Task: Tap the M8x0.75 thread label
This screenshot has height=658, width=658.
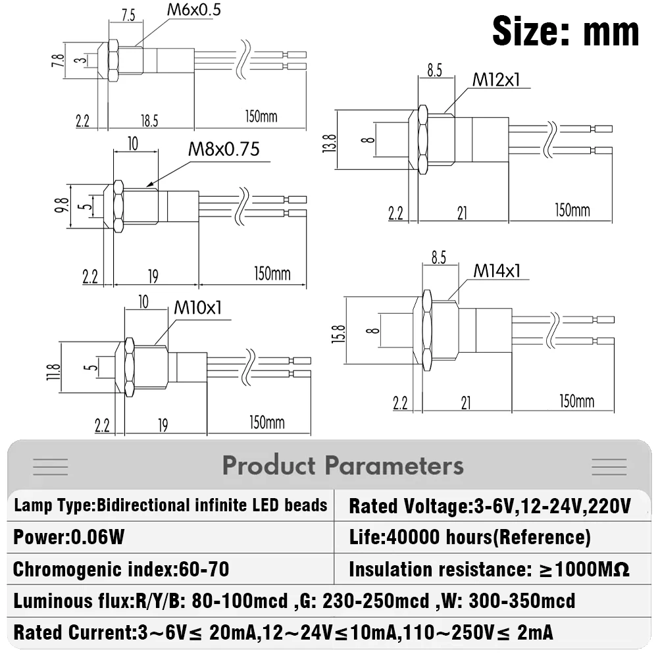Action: [x=224, y=149]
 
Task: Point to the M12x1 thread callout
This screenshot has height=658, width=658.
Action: [x=496, y=80]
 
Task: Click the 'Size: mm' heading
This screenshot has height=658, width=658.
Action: [x=565, y=30]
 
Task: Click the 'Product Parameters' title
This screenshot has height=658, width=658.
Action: [x=343, y=466]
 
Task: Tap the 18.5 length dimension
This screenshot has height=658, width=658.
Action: [x=149, y=120]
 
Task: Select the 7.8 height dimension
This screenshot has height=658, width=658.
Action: [x=61, y=62]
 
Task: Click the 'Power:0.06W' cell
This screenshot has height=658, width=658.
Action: [x=69, y=538]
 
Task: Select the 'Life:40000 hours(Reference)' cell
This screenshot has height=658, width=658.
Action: [x=470, y=538]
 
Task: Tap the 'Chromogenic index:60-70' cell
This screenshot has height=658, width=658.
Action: [x=121, y=569]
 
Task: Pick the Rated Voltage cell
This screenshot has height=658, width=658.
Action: [x=490, y=506]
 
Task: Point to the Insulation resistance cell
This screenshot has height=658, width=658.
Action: [x=489, y=569]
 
